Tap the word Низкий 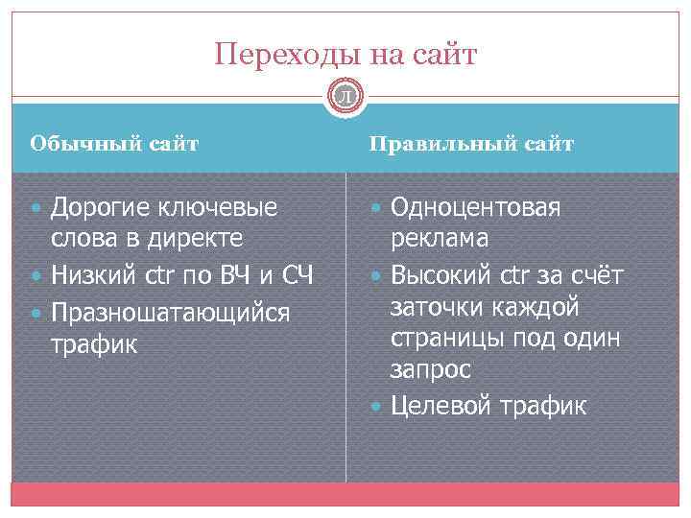94,277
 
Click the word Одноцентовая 476,207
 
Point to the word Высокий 441,277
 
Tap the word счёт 595,277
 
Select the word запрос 430,370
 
